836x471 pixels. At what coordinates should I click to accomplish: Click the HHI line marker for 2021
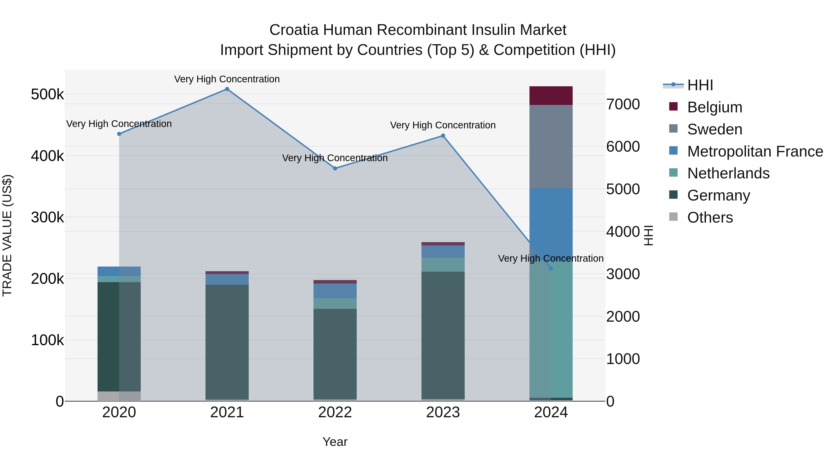pos(227,89)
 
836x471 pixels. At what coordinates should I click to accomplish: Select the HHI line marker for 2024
pos(551,268)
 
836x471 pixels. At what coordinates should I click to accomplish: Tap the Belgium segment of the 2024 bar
pos(551,96)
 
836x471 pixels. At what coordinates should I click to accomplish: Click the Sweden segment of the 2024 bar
pos(551,146)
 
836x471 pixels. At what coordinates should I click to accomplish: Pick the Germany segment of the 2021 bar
pos(227,341)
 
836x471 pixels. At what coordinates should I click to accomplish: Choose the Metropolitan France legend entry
pos(755,151)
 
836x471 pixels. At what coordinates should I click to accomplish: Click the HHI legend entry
pos(700,85)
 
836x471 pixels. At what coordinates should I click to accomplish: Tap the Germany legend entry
pos(718,195)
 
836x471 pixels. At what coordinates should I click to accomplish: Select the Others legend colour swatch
pos(673,217)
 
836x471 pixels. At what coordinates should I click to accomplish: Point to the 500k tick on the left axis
pos(47,95)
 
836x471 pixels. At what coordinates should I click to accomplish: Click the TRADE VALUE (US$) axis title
pos(7,235)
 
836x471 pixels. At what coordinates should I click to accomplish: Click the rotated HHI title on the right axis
pos(648,235)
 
